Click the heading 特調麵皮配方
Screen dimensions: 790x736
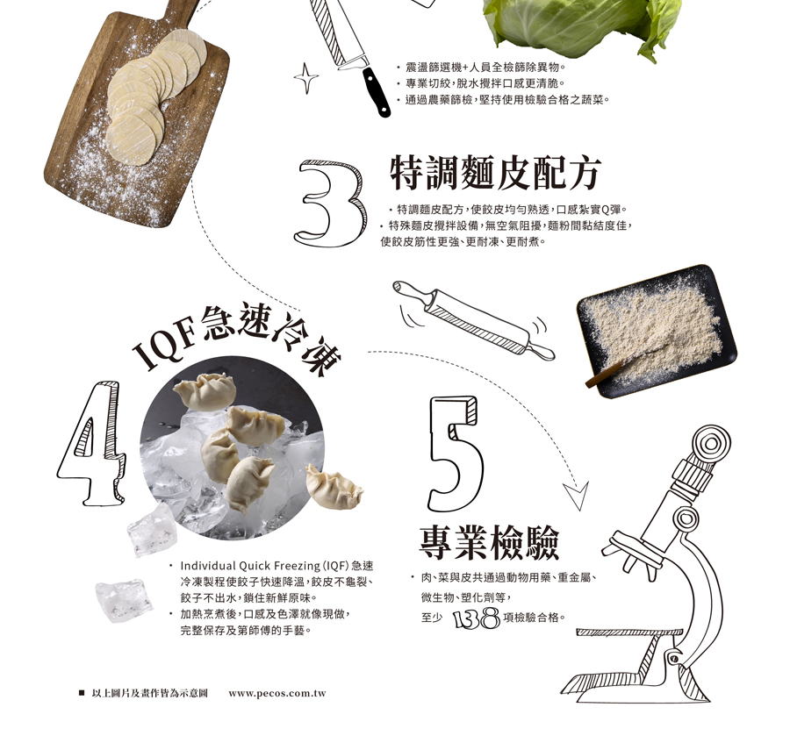pos(495,173)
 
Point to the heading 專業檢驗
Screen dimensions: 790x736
pos(489,542)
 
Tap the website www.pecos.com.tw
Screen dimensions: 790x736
pos(277,693)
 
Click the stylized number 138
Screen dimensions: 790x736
pos(477,618)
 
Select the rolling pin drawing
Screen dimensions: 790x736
pos(474,319)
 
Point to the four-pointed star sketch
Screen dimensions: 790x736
pos(305,78)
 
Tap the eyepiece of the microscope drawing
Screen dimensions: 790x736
pos(711,444)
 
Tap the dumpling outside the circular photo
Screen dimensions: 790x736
pos(334,488)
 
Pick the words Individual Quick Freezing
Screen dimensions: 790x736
pos(250,566)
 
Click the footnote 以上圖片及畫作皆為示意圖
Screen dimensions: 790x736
pos(149,693)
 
